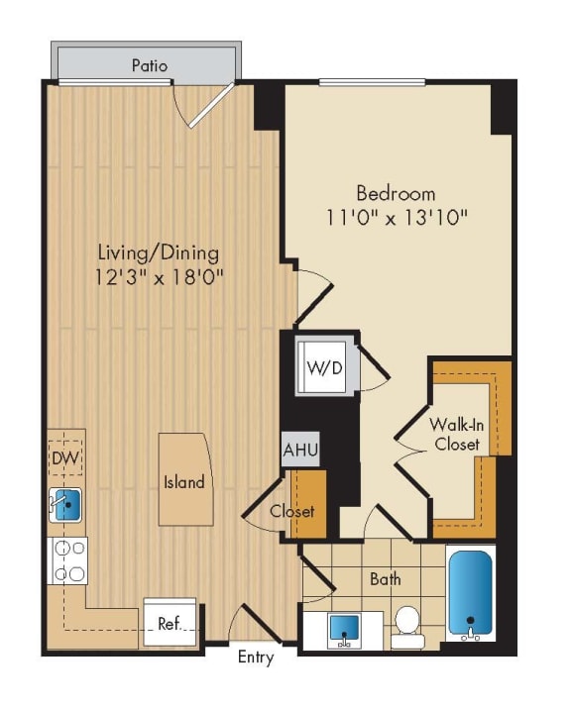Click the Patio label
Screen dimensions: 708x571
click(x=150, y=66)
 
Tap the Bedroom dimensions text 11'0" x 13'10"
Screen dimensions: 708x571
click(x=397, y=215)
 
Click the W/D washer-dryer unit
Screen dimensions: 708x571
click(x=323, y=368)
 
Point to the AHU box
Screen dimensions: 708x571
click(x=300, y=451)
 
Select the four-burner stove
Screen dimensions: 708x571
click(x=68, y=560)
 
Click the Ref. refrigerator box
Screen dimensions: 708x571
click(x=170, y=623)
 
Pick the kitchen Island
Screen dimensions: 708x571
click(x=184, y=480)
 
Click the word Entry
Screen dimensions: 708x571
click(x=256, y=658)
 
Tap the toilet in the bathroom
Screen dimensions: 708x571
click(x=406, y=626)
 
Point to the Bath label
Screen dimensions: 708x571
click(x=385, y=579)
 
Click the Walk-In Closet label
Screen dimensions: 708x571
click(x=456, y=434)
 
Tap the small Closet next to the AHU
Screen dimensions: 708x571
click(x=292, y=510)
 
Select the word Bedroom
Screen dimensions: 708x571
click(x=396, y=193)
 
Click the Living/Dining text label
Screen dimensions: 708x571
click(x=159, y=253)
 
